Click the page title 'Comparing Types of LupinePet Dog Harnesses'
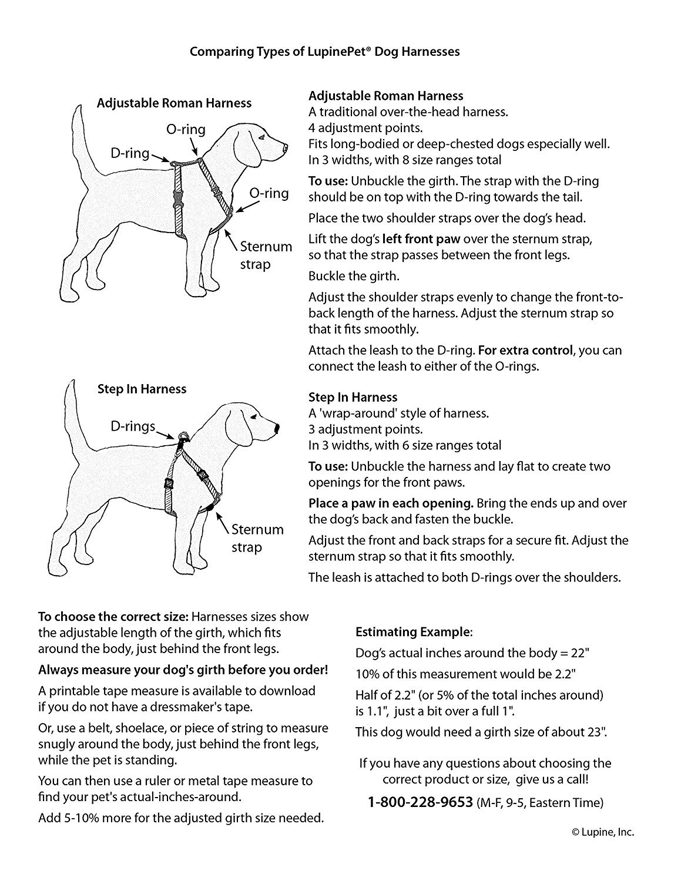tap(324, 52)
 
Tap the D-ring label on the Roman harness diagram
tap(130, 153)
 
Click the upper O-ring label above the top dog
tap(186, 130)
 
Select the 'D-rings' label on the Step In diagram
tap(133, 426)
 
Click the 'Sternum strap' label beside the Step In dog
tap(257, 538)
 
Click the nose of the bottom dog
tap(276, 429)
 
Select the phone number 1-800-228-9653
tap(420, 802)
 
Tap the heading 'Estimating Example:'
tap(413, 633)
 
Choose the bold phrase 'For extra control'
tap(525, 351)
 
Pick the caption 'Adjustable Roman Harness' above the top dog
tap(174, 103)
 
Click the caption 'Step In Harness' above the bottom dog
tap(142, 389)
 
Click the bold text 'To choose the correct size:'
tap(113, 617)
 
